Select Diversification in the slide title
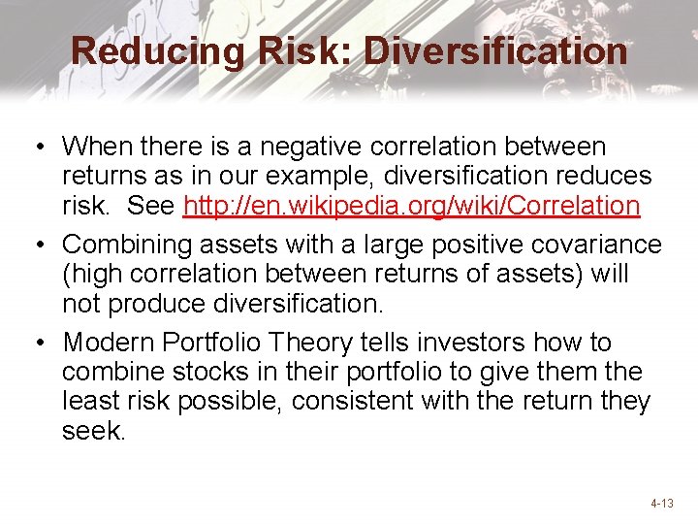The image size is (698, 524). pyautogui.click(x=495, y=51)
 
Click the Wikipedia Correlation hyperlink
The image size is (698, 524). pyautogui.click(x=412, y=206)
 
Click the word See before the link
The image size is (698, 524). pyautogui.click(x=151, y=206)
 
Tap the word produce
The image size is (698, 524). pyautogui.click(x=150, y=304)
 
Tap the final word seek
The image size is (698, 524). pyautogui.click(x=93, y=431)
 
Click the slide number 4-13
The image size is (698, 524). pyautogui.click(x=662, y=504)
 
